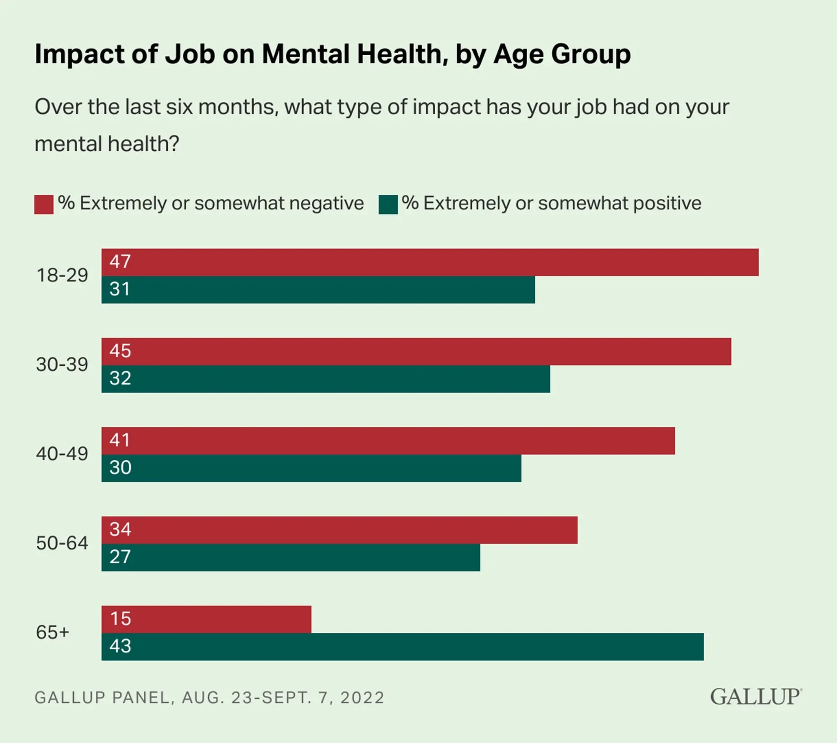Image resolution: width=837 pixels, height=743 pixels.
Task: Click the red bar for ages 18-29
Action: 430,262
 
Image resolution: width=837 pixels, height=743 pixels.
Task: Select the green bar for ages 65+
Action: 402,647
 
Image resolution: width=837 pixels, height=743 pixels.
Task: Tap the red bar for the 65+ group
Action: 206,619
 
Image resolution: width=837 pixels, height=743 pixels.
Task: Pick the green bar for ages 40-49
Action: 311,468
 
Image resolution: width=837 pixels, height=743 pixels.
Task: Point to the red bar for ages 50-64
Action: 339,530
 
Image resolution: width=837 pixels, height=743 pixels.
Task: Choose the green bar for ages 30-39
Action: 326,379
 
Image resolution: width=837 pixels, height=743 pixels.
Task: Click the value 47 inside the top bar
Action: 120,262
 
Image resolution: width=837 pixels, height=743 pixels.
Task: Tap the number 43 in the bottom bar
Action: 120,646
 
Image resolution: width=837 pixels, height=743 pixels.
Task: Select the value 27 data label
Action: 120,557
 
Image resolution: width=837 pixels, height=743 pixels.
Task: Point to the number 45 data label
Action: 120,351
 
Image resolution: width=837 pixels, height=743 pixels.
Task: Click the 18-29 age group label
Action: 62,276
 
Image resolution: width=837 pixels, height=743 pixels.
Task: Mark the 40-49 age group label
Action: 62,454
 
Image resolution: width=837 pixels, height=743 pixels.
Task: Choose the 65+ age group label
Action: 53,632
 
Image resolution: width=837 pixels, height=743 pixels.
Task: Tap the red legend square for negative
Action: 44,205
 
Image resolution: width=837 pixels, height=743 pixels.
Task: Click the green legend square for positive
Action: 388,205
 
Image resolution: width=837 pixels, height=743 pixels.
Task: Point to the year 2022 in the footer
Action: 362,698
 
